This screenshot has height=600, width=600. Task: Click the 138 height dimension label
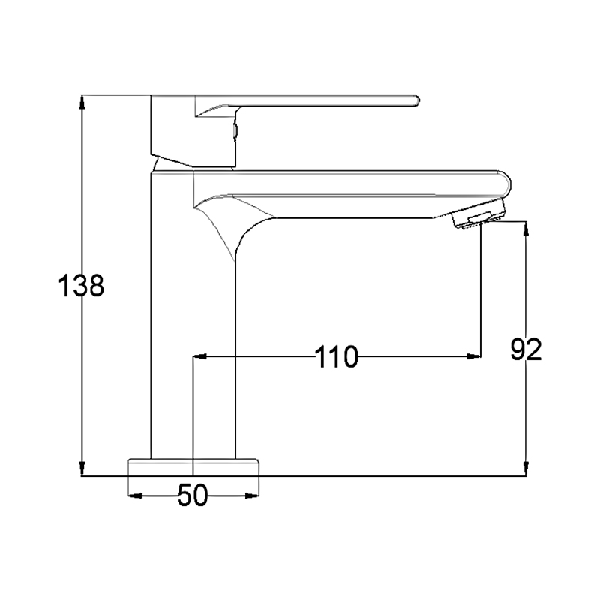pyautogui.click(x=81, y=286)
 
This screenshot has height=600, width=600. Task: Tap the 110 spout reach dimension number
pyautogui.click(x=336, y=357)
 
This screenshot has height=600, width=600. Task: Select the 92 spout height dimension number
pyautogui.click(x=526, y=349)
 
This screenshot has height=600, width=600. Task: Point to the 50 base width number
pyautogui.click(x=193, y=495)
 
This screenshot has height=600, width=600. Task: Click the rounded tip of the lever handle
pyautogui.click(x=417, y=100)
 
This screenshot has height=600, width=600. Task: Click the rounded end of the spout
pyautogui.click(x=505, y=184)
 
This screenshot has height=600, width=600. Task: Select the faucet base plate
pyautogui.click(x=193, y=467)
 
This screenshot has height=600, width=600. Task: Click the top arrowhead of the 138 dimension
pyautogui.click(x=82, y=101)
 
